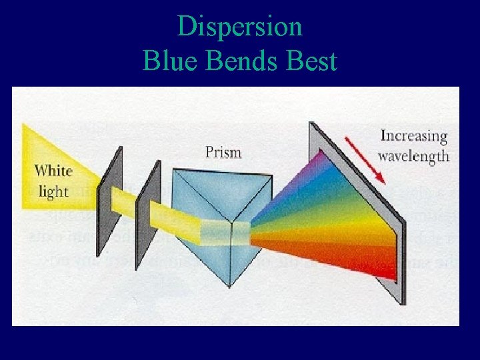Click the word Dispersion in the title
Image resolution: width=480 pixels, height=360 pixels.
coord(240,27)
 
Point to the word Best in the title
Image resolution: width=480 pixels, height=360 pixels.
coord(311,61)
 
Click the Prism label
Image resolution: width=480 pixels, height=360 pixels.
coord(223,153)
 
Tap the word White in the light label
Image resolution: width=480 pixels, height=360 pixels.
coord(54,171)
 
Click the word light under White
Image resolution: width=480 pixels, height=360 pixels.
coord(54,191)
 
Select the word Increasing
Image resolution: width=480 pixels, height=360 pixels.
coord(413,137)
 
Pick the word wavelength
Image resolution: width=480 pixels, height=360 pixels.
coord(413,157)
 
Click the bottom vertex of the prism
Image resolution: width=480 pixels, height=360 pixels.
coord(231,286)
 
